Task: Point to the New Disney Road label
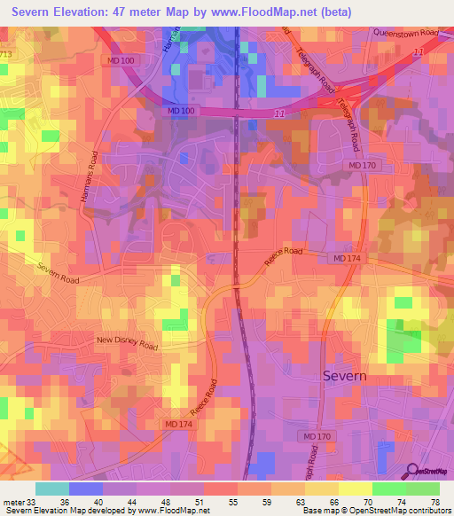click(126, 341)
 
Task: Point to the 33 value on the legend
click(33, 501)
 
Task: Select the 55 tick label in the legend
click(235, 501)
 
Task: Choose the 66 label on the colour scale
click(335, 501)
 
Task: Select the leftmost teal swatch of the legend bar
click(52, 489)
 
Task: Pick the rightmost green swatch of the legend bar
click(422, 489)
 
